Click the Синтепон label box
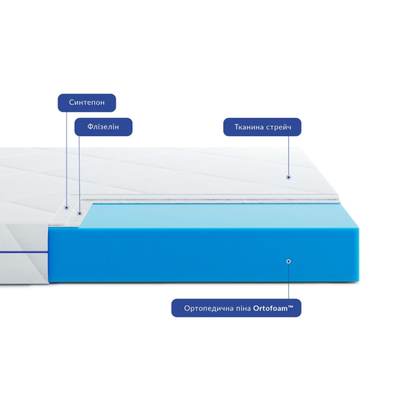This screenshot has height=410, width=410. point(87,103)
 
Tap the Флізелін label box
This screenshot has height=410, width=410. point(103,127)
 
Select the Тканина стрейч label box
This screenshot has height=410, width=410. point(262,127)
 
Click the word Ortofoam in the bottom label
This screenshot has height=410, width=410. point(270,309)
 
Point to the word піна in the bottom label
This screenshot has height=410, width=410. point(244,309)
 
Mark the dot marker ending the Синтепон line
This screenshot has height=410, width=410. point(66,207)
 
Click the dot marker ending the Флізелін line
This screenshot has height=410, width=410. point(80,213)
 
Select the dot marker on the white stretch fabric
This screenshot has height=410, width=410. point(288,177)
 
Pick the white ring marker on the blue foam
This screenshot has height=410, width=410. point(288,261)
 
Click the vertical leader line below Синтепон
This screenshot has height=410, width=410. point(66,159)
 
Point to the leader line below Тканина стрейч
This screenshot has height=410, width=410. point(289,155)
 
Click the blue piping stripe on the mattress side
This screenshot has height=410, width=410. point(24,252)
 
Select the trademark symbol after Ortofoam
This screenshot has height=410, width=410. point(291,306)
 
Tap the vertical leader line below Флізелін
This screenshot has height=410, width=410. point(79,173)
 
